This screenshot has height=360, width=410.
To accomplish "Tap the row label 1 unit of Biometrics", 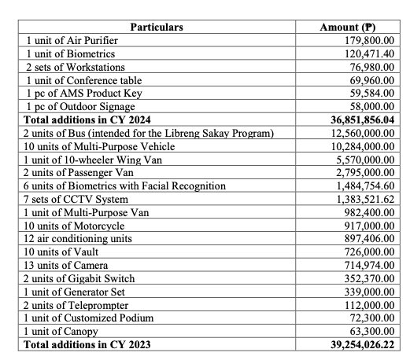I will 71,53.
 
